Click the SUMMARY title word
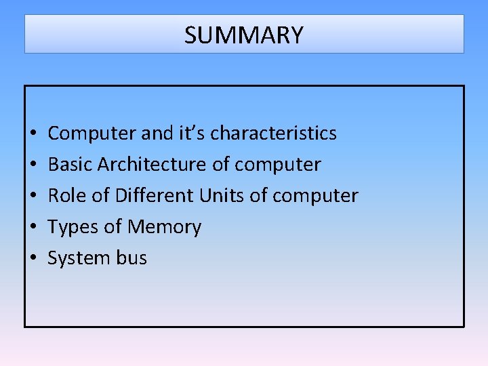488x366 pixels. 244,35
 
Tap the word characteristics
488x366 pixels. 273,134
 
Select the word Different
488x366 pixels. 155,196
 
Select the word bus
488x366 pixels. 131,258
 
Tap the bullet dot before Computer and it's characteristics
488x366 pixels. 33,134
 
